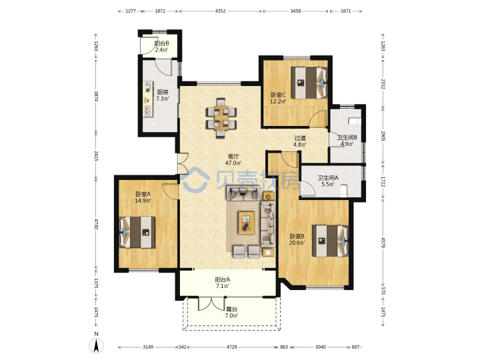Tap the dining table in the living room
click(x=221, y=118)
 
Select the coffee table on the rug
click(x=247, y=223)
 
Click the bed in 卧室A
click(x=137, y=232)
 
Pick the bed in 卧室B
click(x=330, y=241)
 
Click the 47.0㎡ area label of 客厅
click(x=233, y=163)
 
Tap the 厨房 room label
click(x=163, y=92)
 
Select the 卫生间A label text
click(x=328, y=177)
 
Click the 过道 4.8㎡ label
click(x=300, y=141)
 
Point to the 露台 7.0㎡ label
click(x=231, y=313)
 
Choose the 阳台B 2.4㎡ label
click(x=161, y=47)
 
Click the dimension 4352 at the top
click(x=220, y=11)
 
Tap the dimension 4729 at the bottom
click(x=231, y=347)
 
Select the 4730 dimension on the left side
click(x=96, y=224)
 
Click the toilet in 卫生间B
click(x=355, y=121)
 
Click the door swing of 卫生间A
click(x=307, y=189)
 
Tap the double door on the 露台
click(x=212, y=304)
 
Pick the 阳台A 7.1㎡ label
click(x=223, y=283)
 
